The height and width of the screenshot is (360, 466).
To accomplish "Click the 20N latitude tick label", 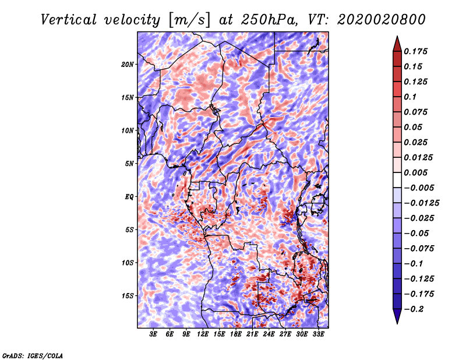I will pos(128,64).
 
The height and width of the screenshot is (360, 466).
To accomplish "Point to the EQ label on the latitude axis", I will pos(129,197).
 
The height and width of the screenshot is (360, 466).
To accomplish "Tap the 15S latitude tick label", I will pos(128,296).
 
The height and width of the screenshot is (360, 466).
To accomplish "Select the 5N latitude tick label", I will pos(129,164).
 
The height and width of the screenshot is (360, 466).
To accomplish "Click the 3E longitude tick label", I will pos(154,334).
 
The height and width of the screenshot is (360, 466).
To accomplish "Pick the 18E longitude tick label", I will pos(236,334).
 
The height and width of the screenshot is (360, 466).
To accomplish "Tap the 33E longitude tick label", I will pos(319,334).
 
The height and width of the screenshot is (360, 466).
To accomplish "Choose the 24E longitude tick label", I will pos(269,334).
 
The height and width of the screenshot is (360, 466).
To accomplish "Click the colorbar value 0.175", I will pos(417,51).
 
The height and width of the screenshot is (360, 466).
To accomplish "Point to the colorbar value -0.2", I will pos(415,309).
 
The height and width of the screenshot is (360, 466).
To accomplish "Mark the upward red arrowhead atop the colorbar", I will pos(397,43).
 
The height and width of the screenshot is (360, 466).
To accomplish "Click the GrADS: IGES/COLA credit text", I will pos(32,355).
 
